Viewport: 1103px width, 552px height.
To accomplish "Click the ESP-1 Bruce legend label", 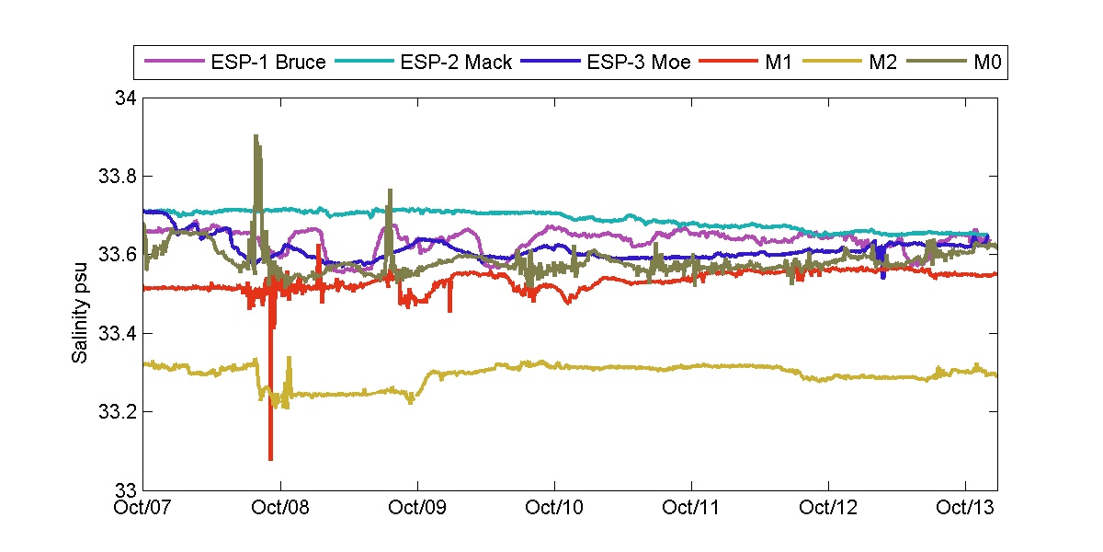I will [267, 63].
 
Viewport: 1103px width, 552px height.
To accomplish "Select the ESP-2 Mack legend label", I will [455, 63].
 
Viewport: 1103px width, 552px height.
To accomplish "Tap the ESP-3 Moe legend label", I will [639, 63].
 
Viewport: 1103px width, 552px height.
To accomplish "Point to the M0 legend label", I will [985, 63].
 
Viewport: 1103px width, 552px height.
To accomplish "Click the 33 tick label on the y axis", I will [126, 489].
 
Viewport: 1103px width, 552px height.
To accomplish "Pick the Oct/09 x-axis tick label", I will [418, 507].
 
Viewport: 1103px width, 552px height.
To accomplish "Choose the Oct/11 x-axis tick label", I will [691, 507].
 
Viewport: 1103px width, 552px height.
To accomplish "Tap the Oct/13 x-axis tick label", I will [964, 507].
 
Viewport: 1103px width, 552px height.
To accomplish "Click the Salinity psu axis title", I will [81, 293].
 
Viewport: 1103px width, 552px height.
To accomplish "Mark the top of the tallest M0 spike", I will [256, 136].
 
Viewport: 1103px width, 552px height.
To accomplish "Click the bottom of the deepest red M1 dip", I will [270, 458].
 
